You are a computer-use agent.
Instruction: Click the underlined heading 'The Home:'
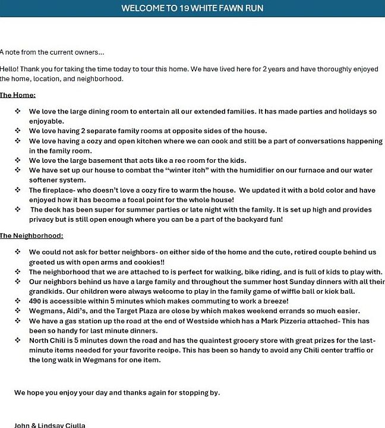pos(18,95)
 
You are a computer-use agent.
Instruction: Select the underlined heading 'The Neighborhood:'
pos(31,236)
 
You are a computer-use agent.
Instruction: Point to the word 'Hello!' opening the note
pos(10,69)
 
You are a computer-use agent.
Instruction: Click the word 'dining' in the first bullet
pos(90,111)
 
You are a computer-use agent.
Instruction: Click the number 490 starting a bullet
pos(36,301)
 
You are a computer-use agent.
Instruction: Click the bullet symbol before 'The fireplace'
pos(18,190)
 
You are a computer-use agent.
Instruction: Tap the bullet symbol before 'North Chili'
pos(18,340)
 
